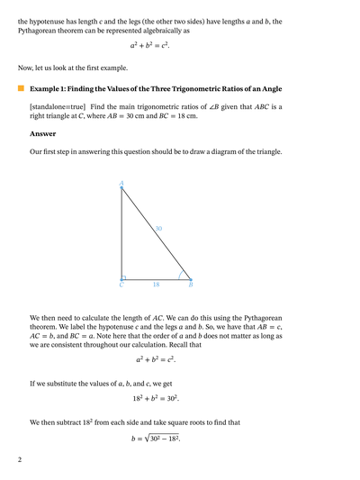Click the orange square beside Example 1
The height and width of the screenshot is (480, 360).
(x=21, y=89)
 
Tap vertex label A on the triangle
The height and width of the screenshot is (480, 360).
(x=121, y=184)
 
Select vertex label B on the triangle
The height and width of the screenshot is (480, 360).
(x=191, y=285)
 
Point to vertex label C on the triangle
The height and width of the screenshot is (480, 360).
(x=121, y=285)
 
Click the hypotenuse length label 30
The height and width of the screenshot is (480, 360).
(x=158, y=229)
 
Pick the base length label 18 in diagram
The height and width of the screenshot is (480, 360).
(x=155, y=285)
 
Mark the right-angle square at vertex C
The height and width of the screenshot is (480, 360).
(x=124, y=277)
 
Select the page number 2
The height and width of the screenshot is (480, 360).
(x=19, y=459)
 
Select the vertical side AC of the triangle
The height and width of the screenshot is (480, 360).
(x=121, y=234)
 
